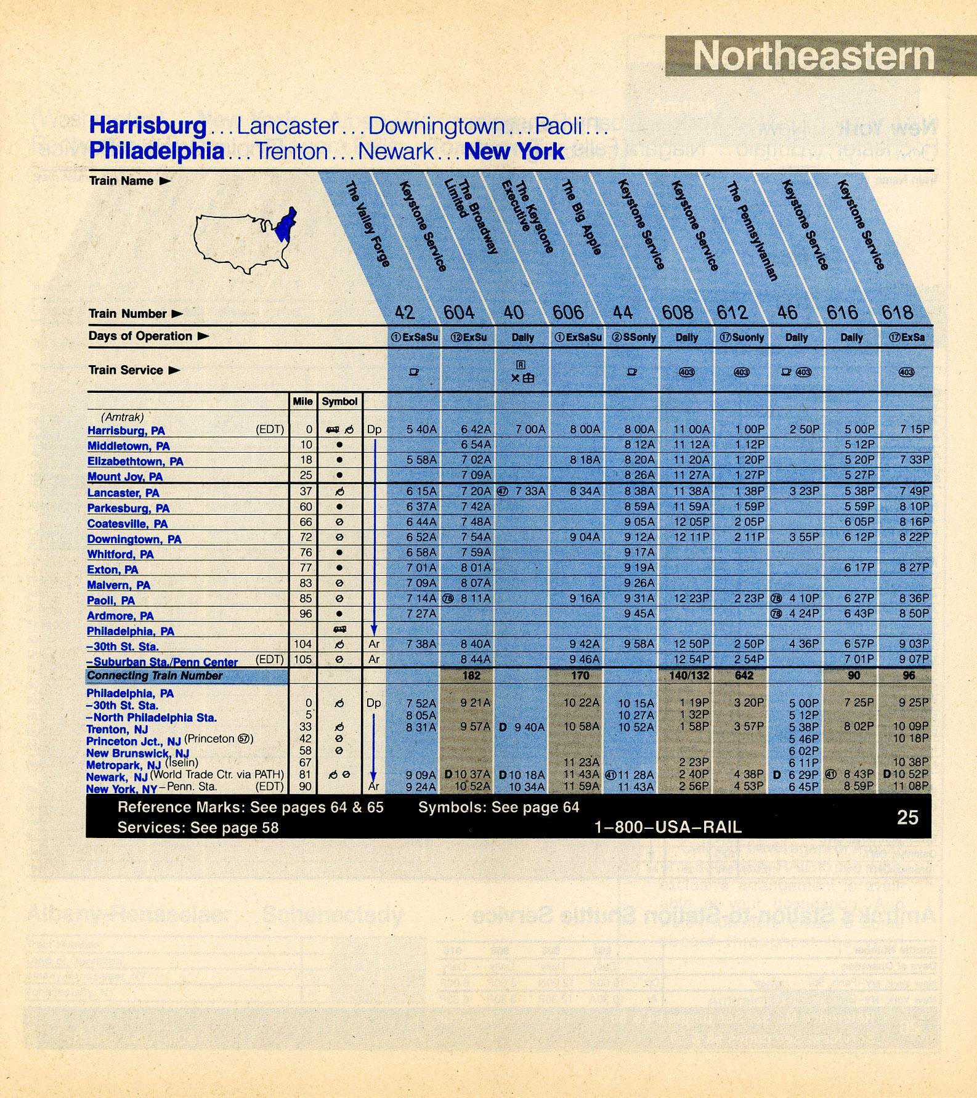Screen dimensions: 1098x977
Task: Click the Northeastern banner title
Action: point(814,57)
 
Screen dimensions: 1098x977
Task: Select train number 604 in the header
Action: point(459,313)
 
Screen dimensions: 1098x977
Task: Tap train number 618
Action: point(897,313)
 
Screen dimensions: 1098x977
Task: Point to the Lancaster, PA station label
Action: point(123,493)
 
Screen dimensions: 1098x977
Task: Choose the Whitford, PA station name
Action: point(121,554)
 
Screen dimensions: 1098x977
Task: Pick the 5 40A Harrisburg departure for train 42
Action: point(421,429)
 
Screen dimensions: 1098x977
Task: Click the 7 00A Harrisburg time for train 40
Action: point(530,429)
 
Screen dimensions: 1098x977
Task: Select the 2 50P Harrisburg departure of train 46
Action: point(804,429)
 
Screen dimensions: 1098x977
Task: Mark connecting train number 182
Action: point(471,676)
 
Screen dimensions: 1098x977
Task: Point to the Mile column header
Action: point(302,402)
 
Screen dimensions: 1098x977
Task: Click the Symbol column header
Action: point(339,402)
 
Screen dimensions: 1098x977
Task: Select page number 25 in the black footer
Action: point(907,817)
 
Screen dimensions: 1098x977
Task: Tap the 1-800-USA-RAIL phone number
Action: point(668,827)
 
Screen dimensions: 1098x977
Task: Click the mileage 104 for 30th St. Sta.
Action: point(304,644)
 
